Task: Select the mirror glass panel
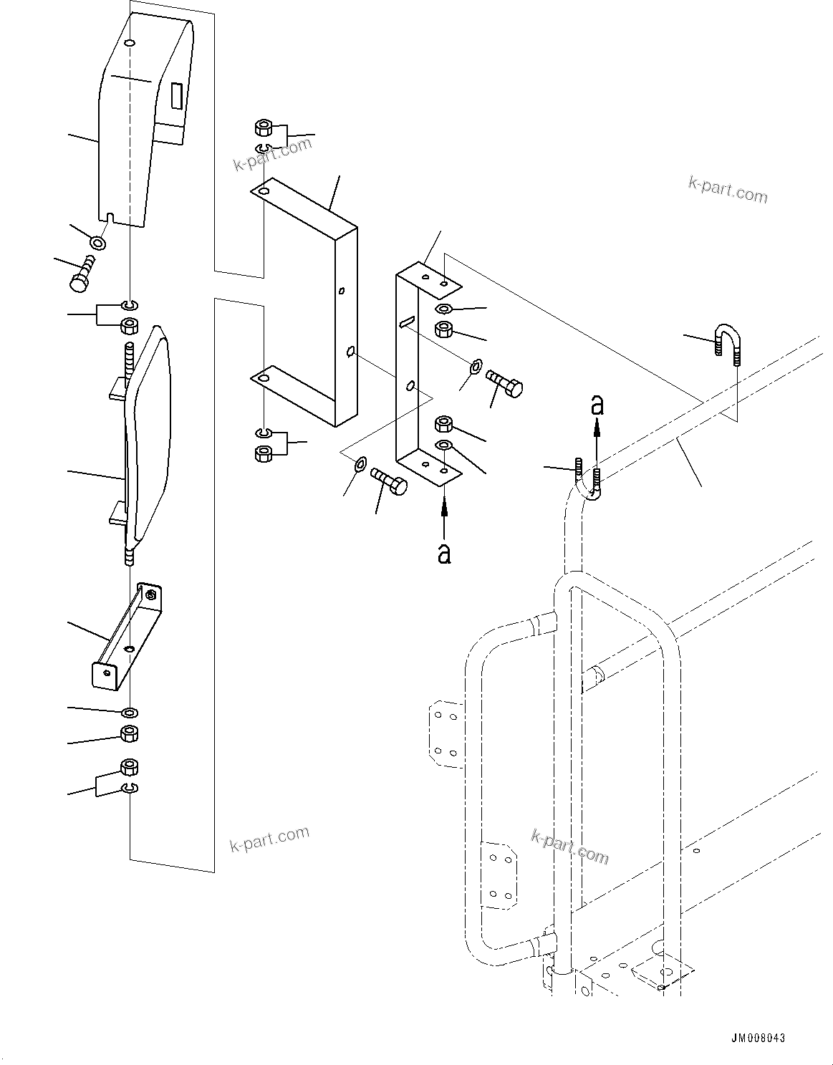pos(148,433)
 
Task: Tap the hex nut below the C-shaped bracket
pos(262,453)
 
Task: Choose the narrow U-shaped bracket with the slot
pos(423,365)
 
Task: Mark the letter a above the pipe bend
pos(597,405)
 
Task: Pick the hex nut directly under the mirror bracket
pos(130,733)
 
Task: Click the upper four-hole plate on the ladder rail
pos(445,733)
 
